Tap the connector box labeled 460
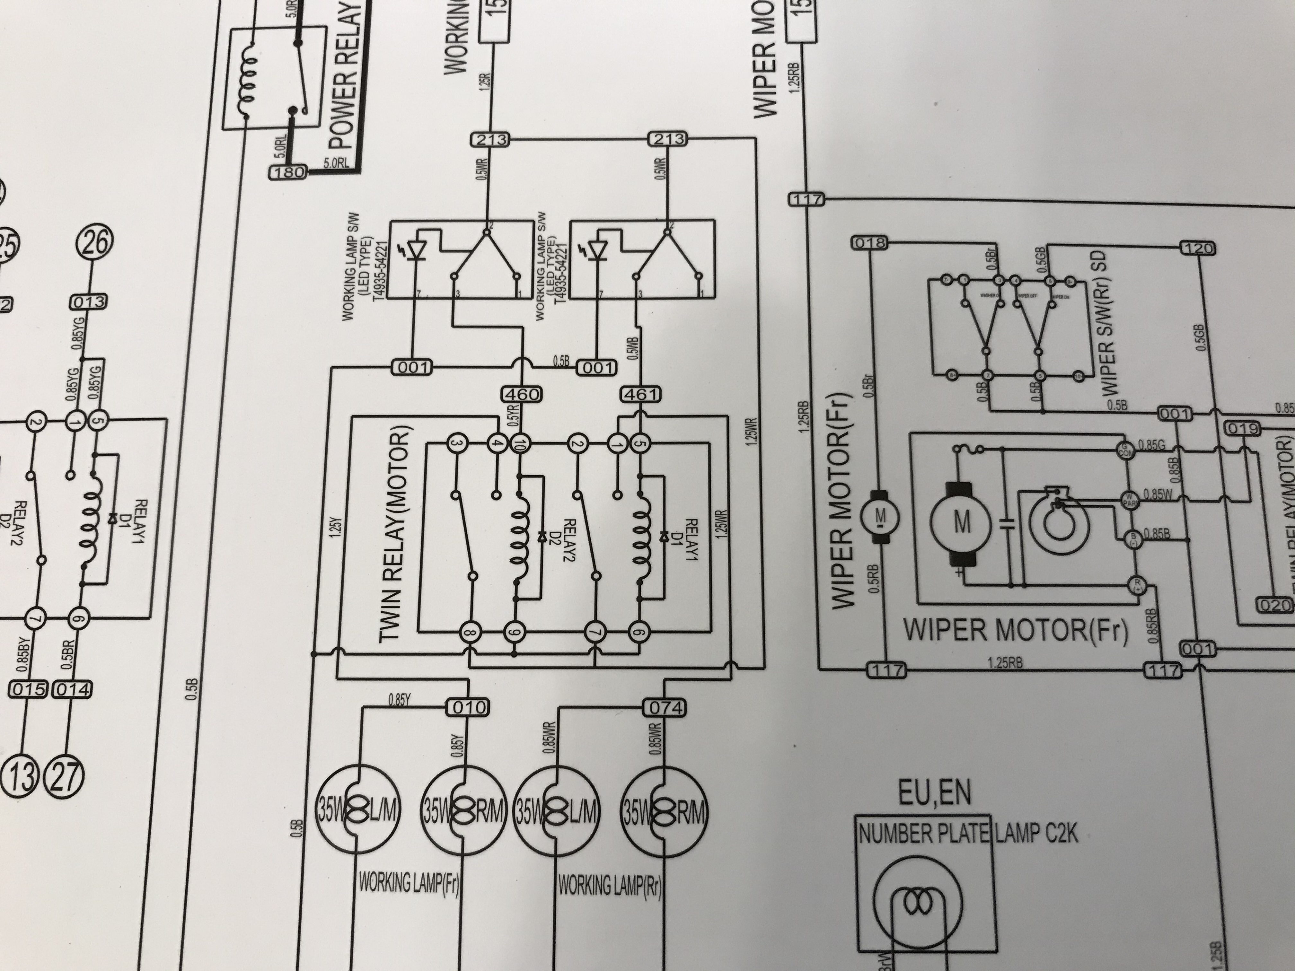pyautogui.click(x=521, y=395)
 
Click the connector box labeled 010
pyautogui.click(x=470, y=708)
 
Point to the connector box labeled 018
pyautogui.click(x=871, y=243)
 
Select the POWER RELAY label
pyautogui.click(x=345, y=76)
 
